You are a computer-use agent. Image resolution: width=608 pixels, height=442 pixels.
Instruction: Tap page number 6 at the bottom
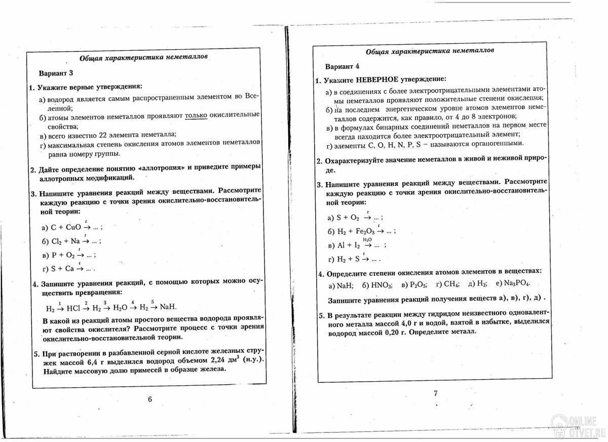(149, 399)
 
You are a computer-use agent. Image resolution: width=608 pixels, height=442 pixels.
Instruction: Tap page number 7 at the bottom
(435, 393)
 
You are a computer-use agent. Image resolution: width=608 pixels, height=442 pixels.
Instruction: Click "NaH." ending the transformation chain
(170, 307)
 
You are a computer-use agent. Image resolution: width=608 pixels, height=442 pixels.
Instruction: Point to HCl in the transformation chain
(76, 308)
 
